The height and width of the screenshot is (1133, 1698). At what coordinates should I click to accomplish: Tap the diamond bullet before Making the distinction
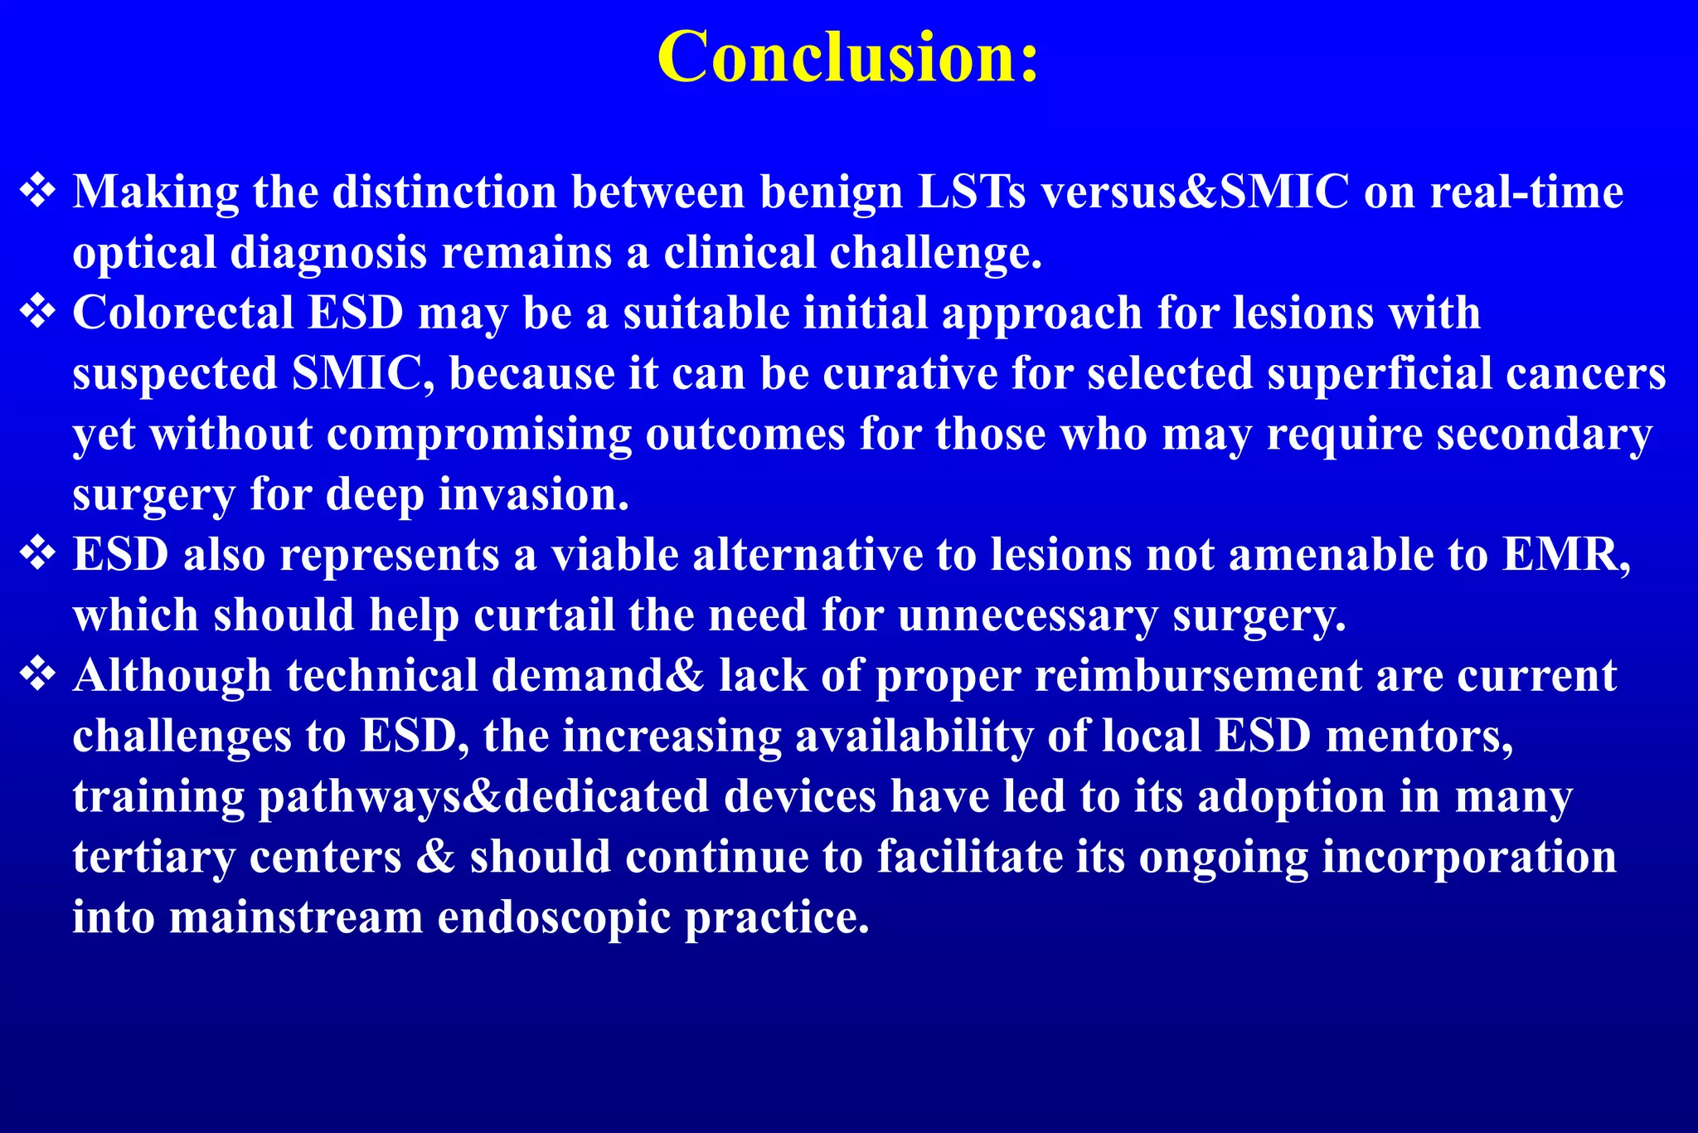[x=38, y=192]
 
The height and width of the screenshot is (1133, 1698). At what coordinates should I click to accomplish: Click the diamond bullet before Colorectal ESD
[x=38, y=313]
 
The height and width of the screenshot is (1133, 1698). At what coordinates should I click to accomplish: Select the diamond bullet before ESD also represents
[x=38, y=554]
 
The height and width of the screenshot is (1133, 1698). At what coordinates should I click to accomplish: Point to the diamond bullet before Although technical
[x=38, y=675]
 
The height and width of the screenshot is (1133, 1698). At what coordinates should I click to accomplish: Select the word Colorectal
[x=183, y=313]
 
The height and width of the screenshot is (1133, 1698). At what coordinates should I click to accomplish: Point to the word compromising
[x=479, y=434]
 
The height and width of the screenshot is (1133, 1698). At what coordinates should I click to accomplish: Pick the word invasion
[x=533, y=494]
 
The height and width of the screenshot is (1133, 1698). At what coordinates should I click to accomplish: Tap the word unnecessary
[x=1027, y=615]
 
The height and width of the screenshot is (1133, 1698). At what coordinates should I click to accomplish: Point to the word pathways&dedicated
[x=484, y=796]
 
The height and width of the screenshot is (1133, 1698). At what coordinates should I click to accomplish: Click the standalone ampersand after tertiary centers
[x=435, y=856]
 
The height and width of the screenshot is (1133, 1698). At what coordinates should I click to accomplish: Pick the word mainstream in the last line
[x=296, y=917]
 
